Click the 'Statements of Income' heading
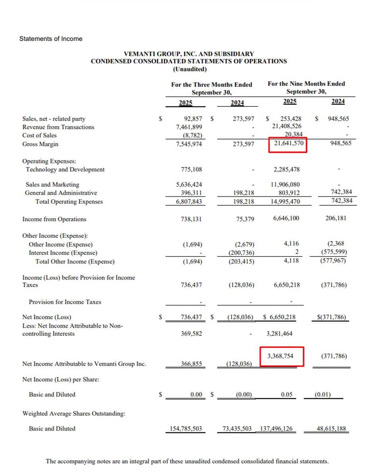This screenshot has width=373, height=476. click(x=51, y=39)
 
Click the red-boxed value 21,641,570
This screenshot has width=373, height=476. click(x=288, y=144)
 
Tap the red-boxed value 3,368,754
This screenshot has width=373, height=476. click(x=281, y=356)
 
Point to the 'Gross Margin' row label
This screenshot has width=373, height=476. click(x=40, y=144)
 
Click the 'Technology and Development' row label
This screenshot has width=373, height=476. click(x=65, y=170)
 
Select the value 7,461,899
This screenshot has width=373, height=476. click(x=189, y=127)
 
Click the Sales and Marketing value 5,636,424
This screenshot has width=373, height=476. click(x=189, y=185)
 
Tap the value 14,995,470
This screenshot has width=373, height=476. click(x=285, y=202)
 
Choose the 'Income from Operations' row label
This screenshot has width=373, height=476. click(x=54, y=219)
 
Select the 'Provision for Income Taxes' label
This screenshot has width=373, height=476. click(x=65, y=302)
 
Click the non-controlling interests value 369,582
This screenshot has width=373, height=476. click(x=191, y=334)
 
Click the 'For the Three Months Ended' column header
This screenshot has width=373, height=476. click(x=211, y=85)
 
